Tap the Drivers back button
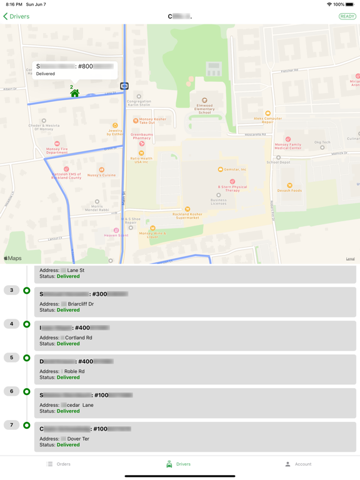click(16, 16)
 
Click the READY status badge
click(347, 16)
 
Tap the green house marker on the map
click(74, 93)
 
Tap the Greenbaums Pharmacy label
click(142, 136)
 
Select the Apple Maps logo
click(12, 258)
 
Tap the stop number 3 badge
click(11, 290)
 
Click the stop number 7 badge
click(11, 425)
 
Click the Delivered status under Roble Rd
click(68, 377)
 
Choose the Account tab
click(297, 464)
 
